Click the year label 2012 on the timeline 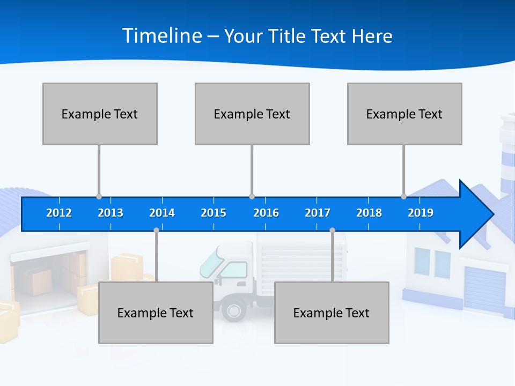point(59,213)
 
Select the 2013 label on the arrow point(111,213)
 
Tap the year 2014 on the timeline point(162,213)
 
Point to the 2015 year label point(214,213)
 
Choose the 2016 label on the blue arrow point(266,213)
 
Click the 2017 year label point(318,213)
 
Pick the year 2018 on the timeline point(369,213)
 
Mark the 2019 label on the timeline point(421,213)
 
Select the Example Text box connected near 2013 point(100,114)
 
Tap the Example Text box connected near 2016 point(252,114)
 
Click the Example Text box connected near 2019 point(404,114)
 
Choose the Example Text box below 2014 point(156,313)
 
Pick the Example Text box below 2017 point(332,313)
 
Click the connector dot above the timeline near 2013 point(99,196)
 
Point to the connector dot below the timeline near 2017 point(332,231)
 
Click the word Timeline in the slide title point(163,36)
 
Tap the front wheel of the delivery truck point(234,310)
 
